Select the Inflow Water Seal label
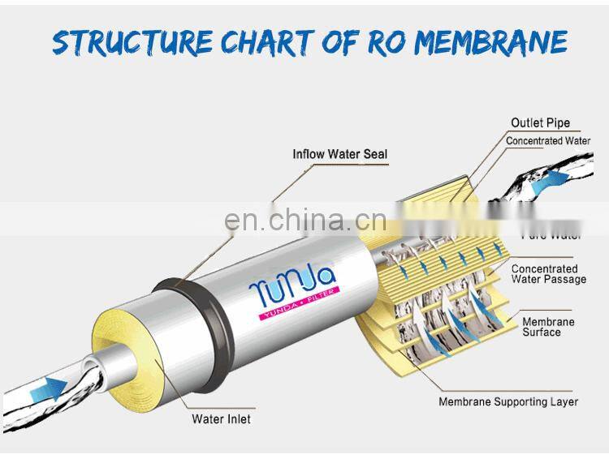(x=340, y=153)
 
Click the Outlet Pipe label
(x=540, y=123)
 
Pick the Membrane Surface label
(x=548, y=327)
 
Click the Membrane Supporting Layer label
(x=508, y=401)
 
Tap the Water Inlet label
(x=221, y=419)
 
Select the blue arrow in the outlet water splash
(x=558, y=178)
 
